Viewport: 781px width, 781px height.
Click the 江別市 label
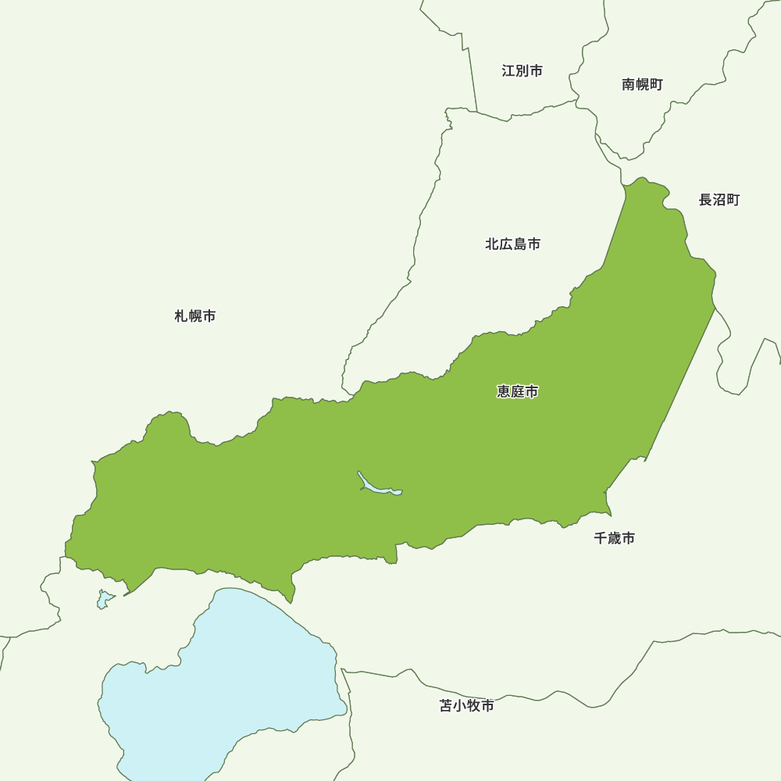[x=522, y=71]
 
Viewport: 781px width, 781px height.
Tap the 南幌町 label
[x=642, y=84]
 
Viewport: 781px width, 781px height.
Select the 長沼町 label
[x=719, y=200]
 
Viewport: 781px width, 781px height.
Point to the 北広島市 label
[x=512, y=244]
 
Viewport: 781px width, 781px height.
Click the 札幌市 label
[x=194, y=316]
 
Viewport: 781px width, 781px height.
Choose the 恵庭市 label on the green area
[x=517, y=391]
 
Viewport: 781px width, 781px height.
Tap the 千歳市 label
[x=614, y=538]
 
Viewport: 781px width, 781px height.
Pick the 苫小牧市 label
[x=466, y=706]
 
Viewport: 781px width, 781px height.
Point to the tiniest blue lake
[x=104, y=600]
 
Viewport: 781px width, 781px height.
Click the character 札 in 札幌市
[x=181, y=316]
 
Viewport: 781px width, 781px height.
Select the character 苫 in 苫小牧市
[x=446, y=706]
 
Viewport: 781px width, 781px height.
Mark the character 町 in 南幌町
[x=656, y=84]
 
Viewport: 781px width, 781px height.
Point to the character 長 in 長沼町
[x=705, y=200]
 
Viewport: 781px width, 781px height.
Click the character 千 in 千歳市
[x=601, y=538]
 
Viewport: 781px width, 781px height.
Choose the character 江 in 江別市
[x=508, y=71]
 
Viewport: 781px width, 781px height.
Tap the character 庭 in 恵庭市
[x=517, y=391]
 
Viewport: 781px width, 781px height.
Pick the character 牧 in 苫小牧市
[x=473, y=706]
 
